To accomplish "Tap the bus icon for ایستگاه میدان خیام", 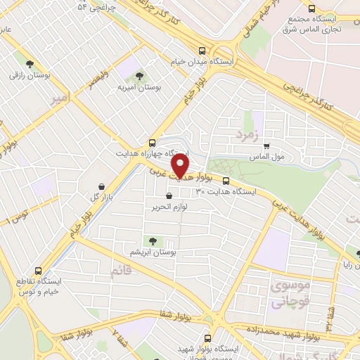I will pyautogui.click(x=202, y=51).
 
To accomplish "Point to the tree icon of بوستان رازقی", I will pyautogui.click(x=30, y=64).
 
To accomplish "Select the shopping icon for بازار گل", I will pyautogui.click(x=103, y=186).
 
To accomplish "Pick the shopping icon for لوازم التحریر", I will pyautogui.click(x=168, y=196).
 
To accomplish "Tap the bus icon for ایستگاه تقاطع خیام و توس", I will pyautogui.click(x=39, y=269).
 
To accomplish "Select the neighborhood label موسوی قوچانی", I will pyautogui.click(x=288, y=295).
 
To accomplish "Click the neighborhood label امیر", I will pyautogui.click(x=60, y=100).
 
